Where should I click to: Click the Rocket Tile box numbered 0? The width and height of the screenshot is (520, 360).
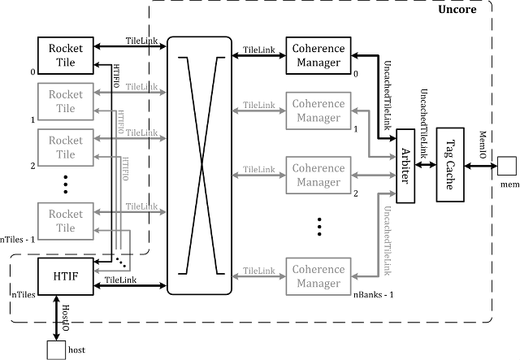tap(66, 55)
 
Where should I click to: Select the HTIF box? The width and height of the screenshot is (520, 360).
tap(66, 276)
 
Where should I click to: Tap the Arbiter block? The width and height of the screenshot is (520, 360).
tap(405, 166)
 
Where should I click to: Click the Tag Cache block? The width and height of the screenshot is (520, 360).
tap(450, 165)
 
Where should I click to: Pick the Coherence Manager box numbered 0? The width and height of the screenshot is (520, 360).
tap(318, 55)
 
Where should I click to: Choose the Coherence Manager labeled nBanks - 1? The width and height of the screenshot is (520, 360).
tap(318, 276)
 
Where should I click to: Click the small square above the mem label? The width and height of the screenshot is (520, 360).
tap(507, 166)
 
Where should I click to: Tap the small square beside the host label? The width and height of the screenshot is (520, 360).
tap(56, 350)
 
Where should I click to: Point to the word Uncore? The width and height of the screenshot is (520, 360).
tap(457, 9)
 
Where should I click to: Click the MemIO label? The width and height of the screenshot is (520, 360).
tap(483, 145)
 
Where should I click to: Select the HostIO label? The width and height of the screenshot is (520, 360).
tap(66, 318)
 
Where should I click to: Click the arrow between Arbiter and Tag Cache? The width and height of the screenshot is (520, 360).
tap(426, 164)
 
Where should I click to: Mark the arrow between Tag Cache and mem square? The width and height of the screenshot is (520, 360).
tap(481, 166)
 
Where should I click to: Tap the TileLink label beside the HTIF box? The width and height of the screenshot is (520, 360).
tap(120, 280)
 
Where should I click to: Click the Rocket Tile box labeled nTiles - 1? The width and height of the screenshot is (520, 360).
tap(66, 221)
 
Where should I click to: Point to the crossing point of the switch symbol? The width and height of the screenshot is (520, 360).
tap(201, 165)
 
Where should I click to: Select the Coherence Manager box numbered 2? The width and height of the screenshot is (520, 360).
tap(318, 176)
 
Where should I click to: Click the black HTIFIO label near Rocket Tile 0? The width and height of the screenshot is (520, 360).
tap(116, 76)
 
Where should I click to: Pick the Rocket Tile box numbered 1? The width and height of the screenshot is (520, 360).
tap(66, 102)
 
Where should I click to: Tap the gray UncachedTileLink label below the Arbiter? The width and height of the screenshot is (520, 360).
tap(387, 241)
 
